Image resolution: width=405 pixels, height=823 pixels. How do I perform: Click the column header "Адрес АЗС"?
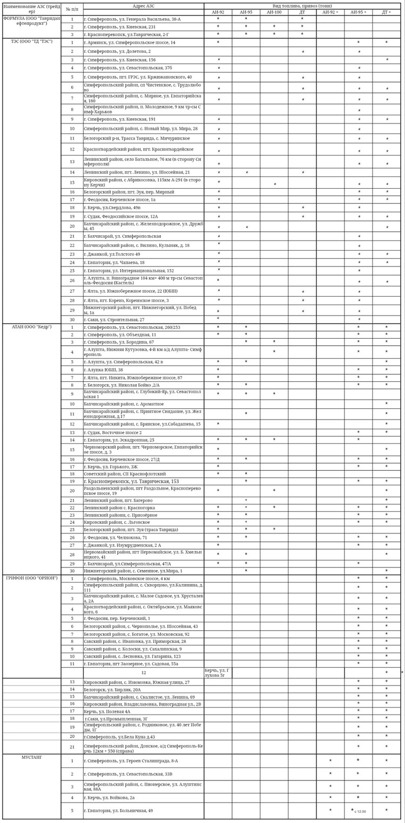click(x=143, y=5)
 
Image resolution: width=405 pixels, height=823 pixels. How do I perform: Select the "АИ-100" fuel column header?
click(x=274, y=12)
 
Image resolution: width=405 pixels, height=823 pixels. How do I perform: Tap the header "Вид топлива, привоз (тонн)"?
click(x=302, y=5)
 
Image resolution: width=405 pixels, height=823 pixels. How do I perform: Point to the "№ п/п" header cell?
click(x=72, y=9)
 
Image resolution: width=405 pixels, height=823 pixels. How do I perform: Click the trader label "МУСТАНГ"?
click(x=31, y=757)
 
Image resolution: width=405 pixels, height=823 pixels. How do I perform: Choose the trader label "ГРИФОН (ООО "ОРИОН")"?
click(x=31, y=578)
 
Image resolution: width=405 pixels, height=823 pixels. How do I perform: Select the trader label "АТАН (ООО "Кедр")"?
click(x=31, y=327)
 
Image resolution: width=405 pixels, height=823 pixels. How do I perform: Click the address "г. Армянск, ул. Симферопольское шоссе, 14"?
click(x=130, y=42)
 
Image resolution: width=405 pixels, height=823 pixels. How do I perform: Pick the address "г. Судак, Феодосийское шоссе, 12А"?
click(x=121, y=216)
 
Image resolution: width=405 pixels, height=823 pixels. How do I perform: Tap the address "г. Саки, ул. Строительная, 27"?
click(x=114, y=319)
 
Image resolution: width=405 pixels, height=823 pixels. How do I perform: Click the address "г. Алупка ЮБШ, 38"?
click(x=103, y=370)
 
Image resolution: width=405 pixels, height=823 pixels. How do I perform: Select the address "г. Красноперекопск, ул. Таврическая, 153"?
click(x=131, y=481)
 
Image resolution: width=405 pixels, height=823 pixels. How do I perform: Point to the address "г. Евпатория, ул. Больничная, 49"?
click(x=118, y=810)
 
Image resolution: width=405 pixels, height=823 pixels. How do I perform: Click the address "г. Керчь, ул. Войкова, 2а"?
click(x=110, y=797)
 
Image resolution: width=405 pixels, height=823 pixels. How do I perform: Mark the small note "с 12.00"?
click(x=360, y=811)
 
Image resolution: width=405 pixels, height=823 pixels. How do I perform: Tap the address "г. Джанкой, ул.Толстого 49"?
click(x=112, y=254)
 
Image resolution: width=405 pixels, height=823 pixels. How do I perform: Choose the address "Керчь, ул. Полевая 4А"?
click(x=107, y=711)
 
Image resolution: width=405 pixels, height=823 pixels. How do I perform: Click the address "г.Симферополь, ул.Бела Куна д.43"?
click(x=119, y=736)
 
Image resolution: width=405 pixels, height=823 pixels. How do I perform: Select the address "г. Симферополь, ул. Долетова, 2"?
click(x=117, y=51)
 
